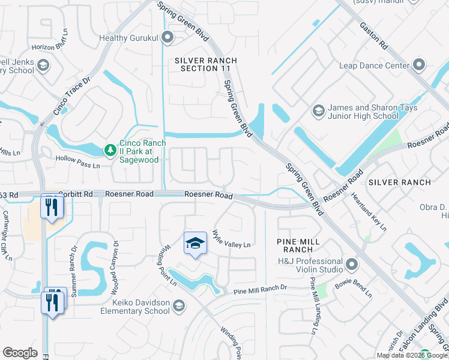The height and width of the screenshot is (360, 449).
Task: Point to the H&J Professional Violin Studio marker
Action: coord(352,264)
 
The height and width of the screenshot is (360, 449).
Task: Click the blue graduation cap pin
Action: coord(195,243)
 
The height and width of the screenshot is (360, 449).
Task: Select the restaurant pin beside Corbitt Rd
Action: coord(52,206)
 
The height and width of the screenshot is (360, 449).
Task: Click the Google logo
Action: coord(20,353)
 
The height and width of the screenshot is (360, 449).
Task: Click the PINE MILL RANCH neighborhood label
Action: coord(295,245)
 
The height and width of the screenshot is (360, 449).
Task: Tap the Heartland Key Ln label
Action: coord(370,209)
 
